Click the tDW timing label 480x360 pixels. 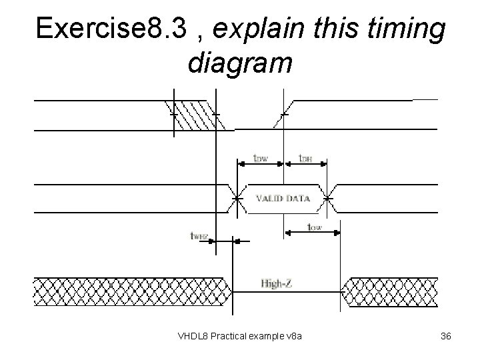click(261, 158)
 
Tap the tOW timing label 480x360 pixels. click(314, 227)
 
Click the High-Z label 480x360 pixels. click(275, 283)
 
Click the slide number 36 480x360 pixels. click(446, 336)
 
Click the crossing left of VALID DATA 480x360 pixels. click(237, 197)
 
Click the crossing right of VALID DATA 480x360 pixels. click(328, 197)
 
